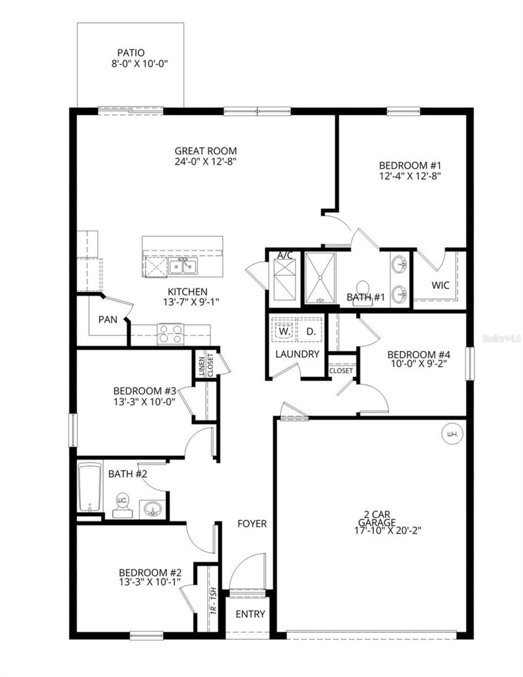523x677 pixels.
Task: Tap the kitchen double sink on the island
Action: (x=183, y=266)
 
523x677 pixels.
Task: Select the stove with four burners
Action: (x=170, y=334)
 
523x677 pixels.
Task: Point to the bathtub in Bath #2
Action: (x=90, y=487)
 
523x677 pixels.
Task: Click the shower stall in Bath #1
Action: (x=320, y=278)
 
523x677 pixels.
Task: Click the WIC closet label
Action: (x=440, y=285)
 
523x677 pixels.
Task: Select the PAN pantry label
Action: (x=108, y=320)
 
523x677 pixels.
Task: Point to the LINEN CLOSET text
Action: (x=206, y=364)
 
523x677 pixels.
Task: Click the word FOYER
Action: (x=252, y=523)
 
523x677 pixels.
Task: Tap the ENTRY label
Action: (x=250, y=614)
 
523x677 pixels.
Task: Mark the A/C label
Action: (x=285, y=255)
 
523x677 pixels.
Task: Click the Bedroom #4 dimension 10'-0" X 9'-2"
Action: (x=419, y=364)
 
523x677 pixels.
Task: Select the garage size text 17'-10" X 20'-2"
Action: (x=388, y=530)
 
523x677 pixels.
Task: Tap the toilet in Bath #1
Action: (x=362, y=288)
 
